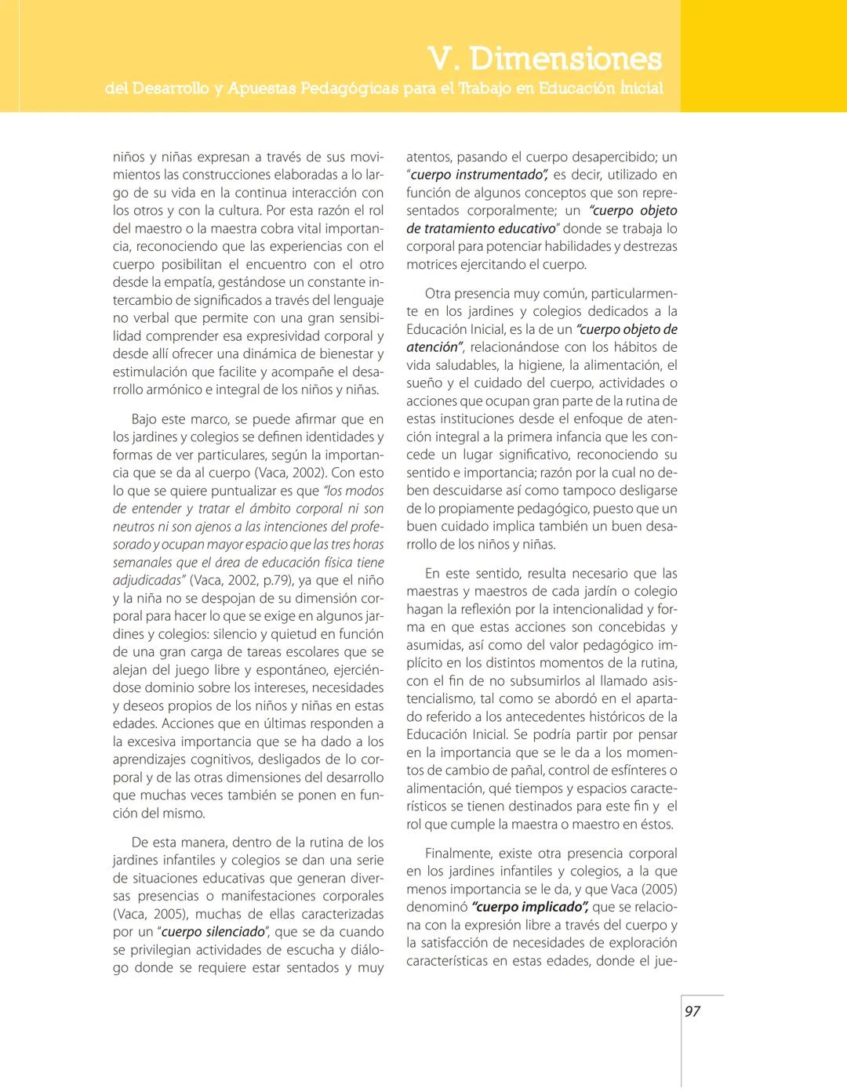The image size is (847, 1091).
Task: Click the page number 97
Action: click(x=693, y=1011)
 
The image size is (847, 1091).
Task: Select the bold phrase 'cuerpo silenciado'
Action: click(x=213, y=932)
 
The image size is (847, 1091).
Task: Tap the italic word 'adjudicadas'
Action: click(x=146, y=580)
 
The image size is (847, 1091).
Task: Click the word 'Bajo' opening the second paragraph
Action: click(x=144, y=419)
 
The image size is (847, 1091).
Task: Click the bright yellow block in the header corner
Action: click(x=763, y=55)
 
